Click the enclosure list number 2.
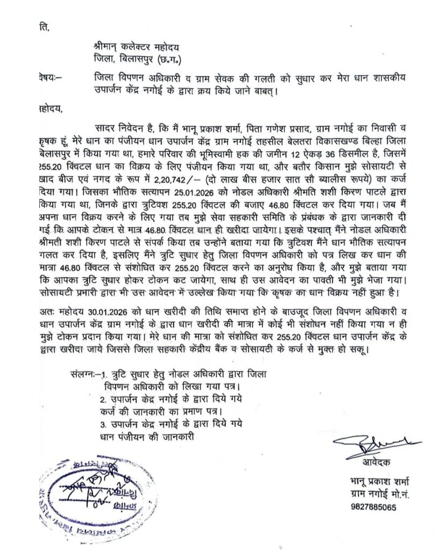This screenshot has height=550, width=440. tap(103, 400)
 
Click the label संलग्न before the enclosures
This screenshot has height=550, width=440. tap(83, 374)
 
